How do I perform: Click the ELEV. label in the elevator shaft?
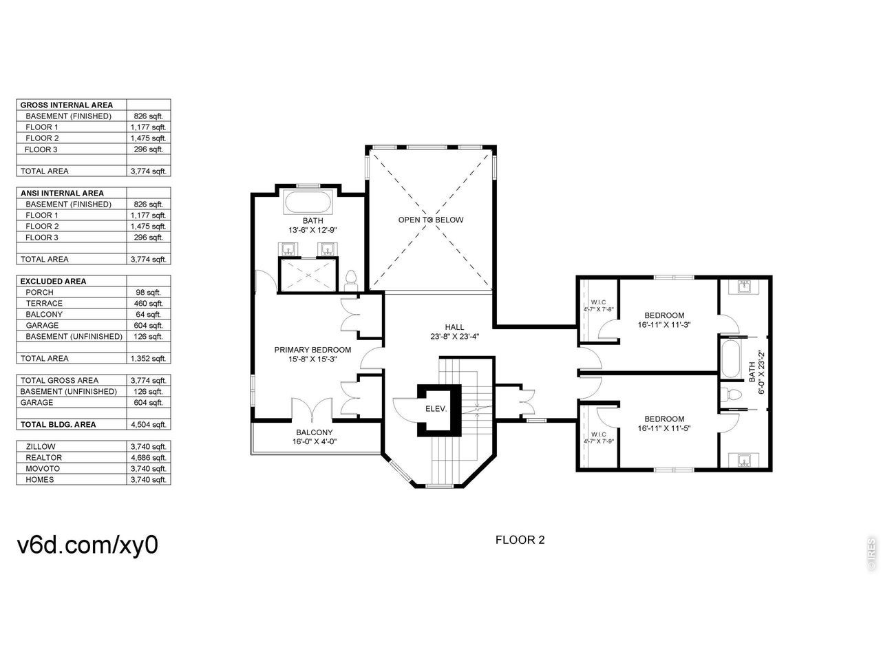coord(436,409)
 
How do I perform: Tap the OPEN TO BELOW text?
coord(431,220)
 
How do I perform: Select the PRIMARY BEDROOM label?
coord(312,350)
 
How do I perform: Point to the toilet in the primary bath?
coord(351,280)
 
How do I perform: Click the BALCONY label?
coord(315,432)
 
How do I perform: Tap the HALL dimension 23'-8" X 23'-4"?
coord(455,337)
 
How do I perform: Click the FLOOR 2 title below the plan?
coord(520,541)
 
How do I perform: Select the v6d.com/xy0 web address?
coord(87,545)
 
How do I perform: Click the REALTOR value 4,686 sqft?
coord(148,457)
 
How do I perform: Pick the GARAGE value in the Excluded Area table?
coord(148,326)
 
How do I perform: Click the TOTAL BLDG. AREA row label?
coord(59,425)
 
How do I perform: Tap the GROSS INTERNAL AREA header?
coord(67,105)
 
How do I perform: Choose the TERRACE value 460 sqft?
coord(148,304)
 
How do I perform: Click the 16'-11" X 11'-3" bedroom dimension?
coord(664,325)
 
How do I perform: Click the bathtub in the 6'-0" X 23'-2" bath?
coord(731,359)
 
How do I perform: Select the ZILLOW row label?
coord(41,447)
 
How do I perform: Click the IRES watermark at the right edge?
coord(871,554)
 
